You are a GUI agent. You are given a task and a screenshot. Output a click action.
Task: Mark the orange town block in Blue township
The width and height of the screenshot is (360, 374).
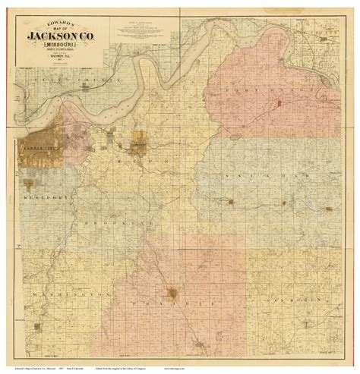point(138,142)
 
